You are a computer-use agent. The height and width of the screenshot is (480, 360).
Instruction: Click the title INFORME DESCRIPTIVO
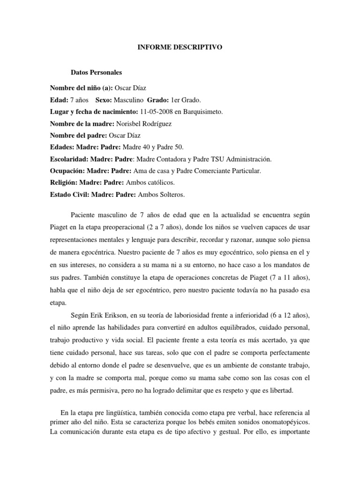[180, 47]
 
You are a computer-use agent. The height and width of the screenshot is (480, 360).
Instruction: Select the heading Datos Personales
[96, 73]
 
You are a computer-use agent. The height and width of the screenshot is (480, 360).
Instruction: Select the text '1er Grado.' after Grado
[176, 100]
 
